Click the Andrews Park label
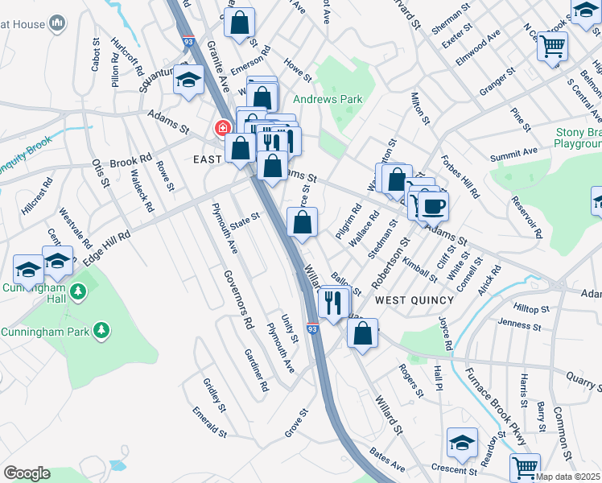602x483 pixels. [328, 99]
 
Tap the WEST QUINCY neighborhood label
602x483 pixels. [414, 299]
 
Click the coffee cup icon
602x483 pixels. [434, 206]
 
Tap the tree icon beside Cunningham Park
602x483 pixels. [101, 330]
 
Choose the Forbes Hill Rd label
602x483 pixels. [460, 176]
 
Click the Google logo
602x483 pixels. [27, 473]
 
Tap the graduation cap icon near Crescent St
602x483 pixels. [463, 442]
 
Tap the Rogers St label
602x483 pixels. [411, 380]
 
